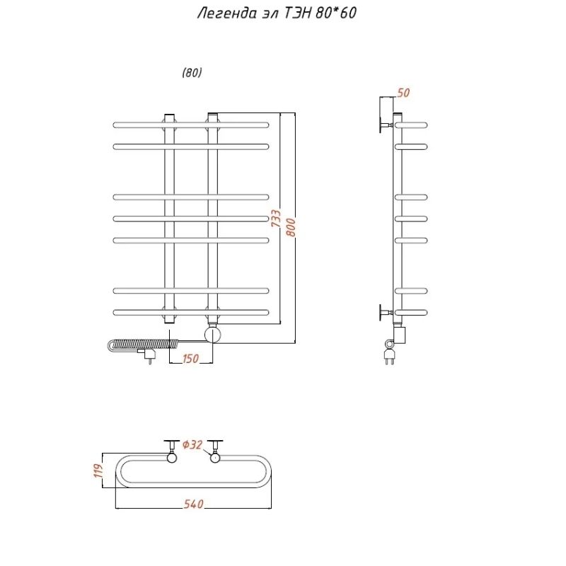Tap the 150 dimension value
190,359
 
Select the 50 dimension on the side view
404,93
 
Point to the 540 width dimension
194,504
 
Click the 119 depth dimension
100,470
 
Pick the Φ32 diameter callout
192,445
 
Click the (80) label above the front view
192,73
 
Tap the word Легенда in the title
225,14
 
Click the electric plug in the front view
149,354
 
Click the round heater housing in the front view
213,334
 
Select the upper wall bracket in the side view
386,125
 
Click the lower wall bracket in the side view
386,311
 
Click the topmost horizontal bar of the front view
191,125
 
